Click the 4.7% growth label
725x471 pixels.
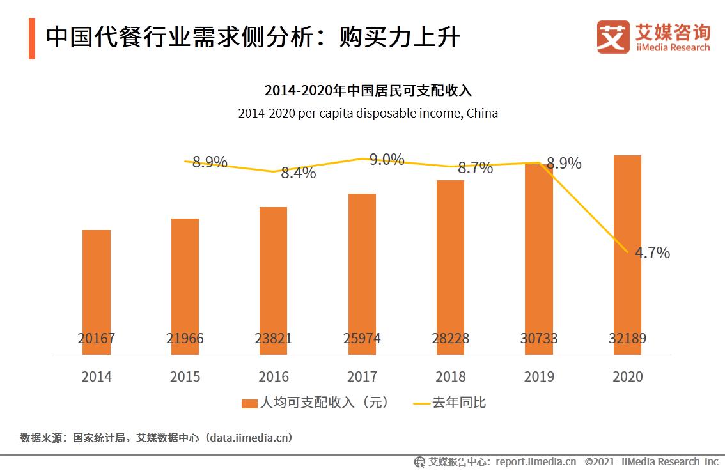coord(652,252)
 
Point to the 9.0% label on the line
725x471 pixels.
coord(387,159)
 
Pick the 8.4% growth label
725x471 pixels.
coord(299,173)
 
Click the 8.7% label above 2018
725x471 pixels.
coord(475,168)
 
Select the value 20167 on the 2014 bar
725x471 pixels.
coord(97,338)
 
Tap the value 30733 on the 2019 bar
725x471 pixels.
coord(538,338)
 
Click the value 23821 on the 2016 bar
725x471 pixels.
coord(274,338)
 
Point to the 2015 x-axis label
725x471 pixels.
coord(185,376)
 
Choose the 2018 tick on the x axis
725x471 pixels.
coord(451,376)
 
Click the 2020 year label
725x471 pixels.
coord(627,376)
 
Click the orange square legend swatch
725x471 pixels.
coord(249,403)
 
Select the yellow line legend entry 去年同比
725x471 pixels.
coord(450,403)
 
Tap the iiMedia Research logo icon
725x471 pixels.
coord(613,37)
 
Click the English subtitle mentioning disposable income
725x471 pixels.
coord(368,114)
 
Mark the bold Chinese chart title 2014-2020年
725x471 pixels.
coord(368,90)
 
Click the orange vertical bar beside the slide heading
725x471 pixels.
coord(32,39)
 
